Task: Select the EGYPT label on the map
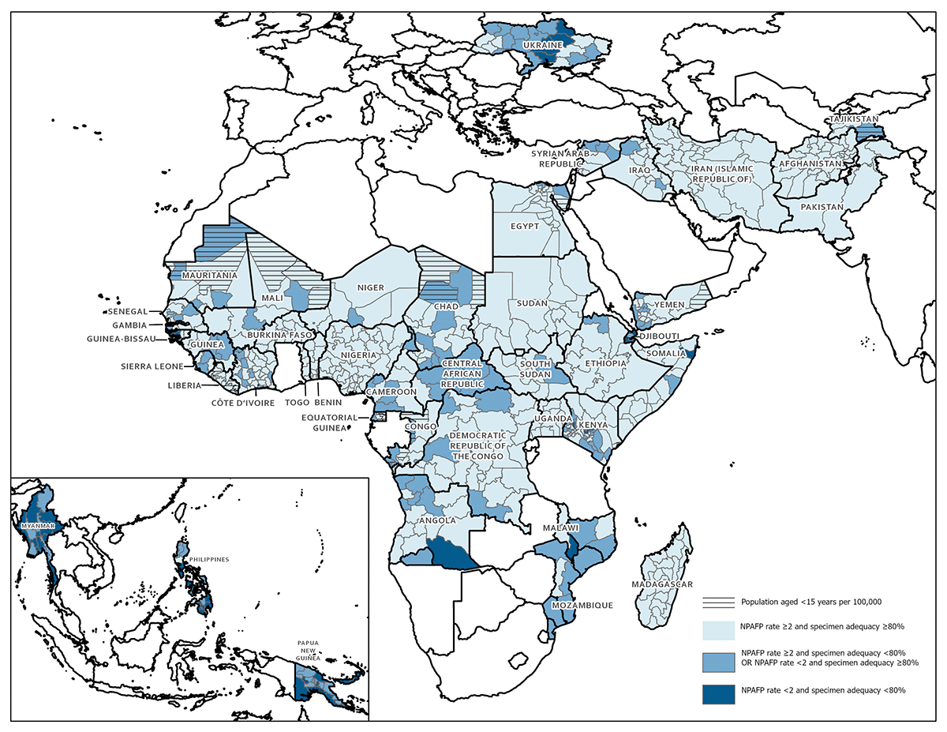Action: [x=525, y=226]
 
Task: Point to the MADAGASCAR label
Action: [x=661, y=584]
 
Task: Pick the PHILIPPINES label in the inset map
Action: [x=207, y=559]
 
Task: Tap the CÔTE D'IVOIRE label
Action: [x=242, y=403]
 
